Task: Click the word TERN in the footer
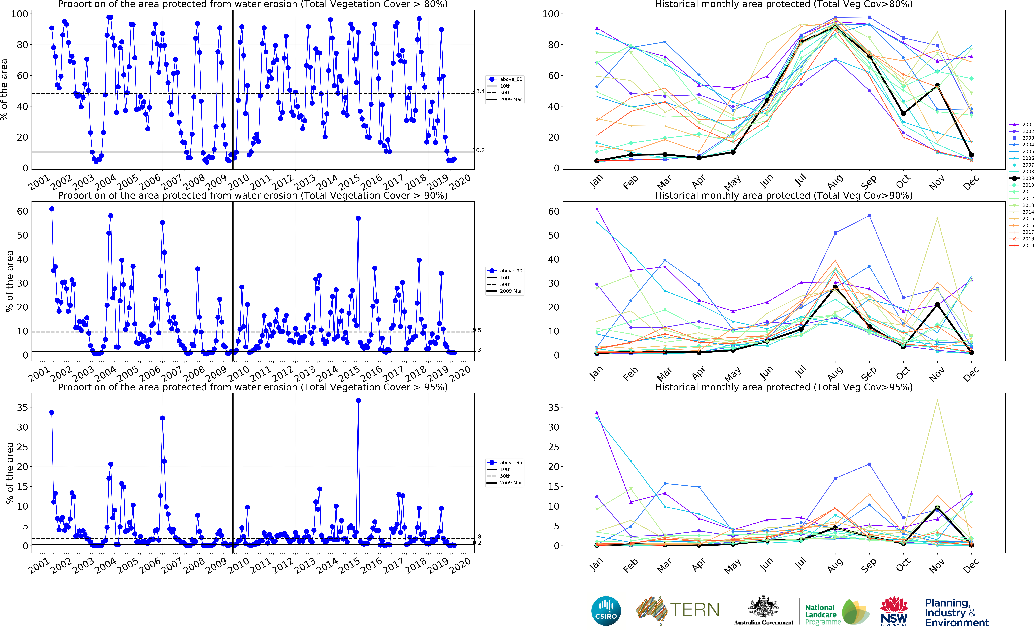tap(695, 610)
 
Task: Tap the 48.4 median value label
tap(479, 91)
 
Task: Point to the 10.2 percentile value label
tap(479, 150)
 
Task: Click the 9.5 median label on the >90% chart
tap(477, 330)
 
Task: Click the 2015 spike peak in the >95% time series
tap(358, 400)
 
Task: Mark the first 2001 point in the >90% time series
tap(52, 209)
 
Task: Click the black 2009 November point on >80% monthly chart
tap(937, 86)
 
